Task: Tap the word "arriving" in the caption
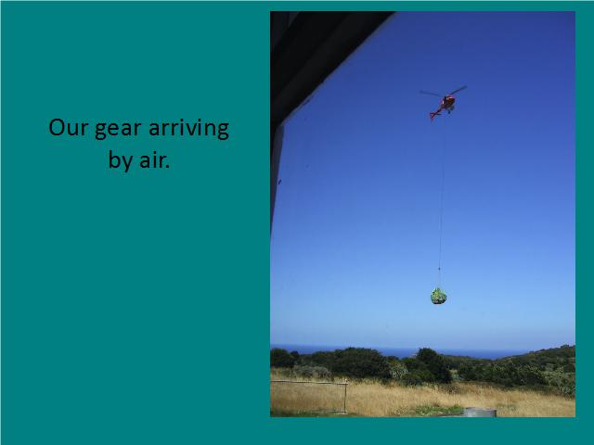coord(188,129)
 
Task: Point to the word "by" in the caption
coord(120,160)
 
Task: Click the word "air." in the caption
coord(155,160)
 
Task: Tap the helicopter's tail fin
coord(433,115)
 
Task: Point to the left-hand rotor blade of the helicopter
coord(430,93)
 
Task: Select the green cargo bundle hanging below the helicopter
coord(438,297)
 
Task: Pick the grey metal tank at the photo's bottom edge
coord(480,413)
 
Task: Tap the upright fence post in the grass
coord(345,397)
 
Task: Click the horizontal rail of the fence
coord(308,383)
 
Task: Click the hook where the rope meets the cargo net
coord(439,270)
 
